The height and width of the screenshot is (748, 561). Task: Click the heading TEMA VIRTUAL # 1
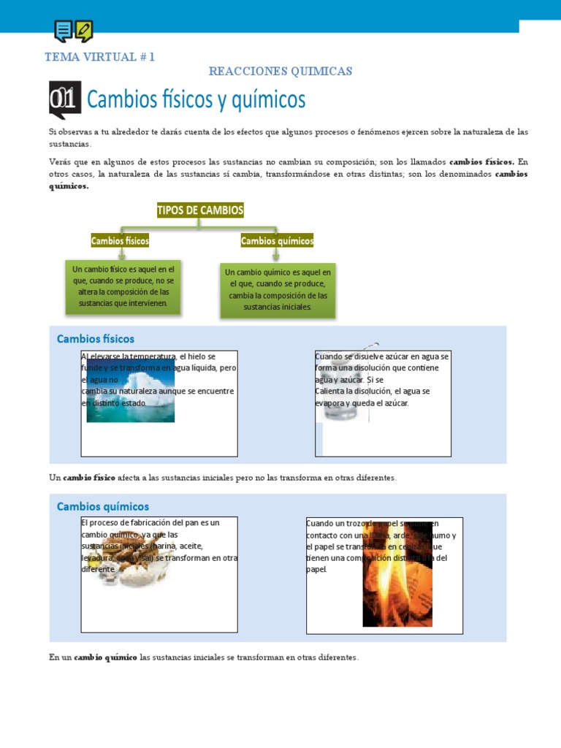[99, 56]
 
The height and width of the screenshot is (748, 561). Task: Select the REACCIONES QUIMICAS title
[280, 71]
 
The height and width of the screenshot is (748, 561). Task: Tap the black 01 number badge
[64, 99]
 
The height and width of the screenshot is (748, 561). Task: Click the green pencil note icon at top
[84, 31]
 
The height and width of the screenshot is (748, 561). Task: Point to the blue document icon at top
[64, 31]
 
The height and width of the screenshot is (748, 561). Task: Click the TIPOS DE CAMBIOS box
[200, 210]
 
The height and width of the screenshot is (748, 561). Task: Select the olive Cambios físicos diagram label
[120, 240]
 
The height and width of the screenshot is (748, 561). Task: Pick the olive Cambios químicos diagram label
[277, 241]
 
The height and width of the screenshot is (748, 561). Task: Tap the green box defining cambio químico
[278, 289]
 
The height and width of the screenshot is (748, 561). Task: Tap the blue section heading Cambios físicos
[95, 339]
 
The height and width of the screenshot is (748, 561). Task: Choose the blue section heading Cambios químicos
[102, 506]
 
